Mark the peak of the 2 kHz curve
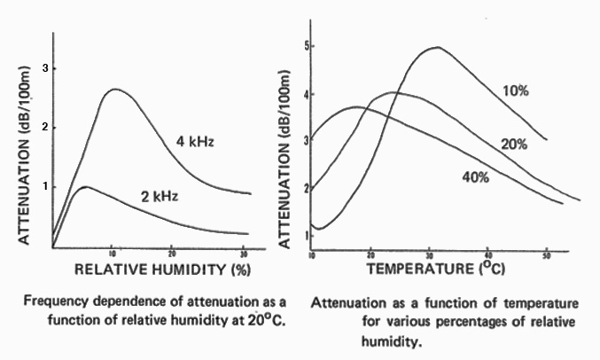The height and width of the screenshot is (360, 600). pyautogui.click(x=84, y=187)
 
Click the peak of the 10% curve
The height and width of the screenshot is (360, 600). pyautogui.click(x=435, y=47)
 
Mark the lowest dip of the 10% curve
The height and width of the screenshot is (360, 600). pyautogui.click(x=321, y=229)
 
